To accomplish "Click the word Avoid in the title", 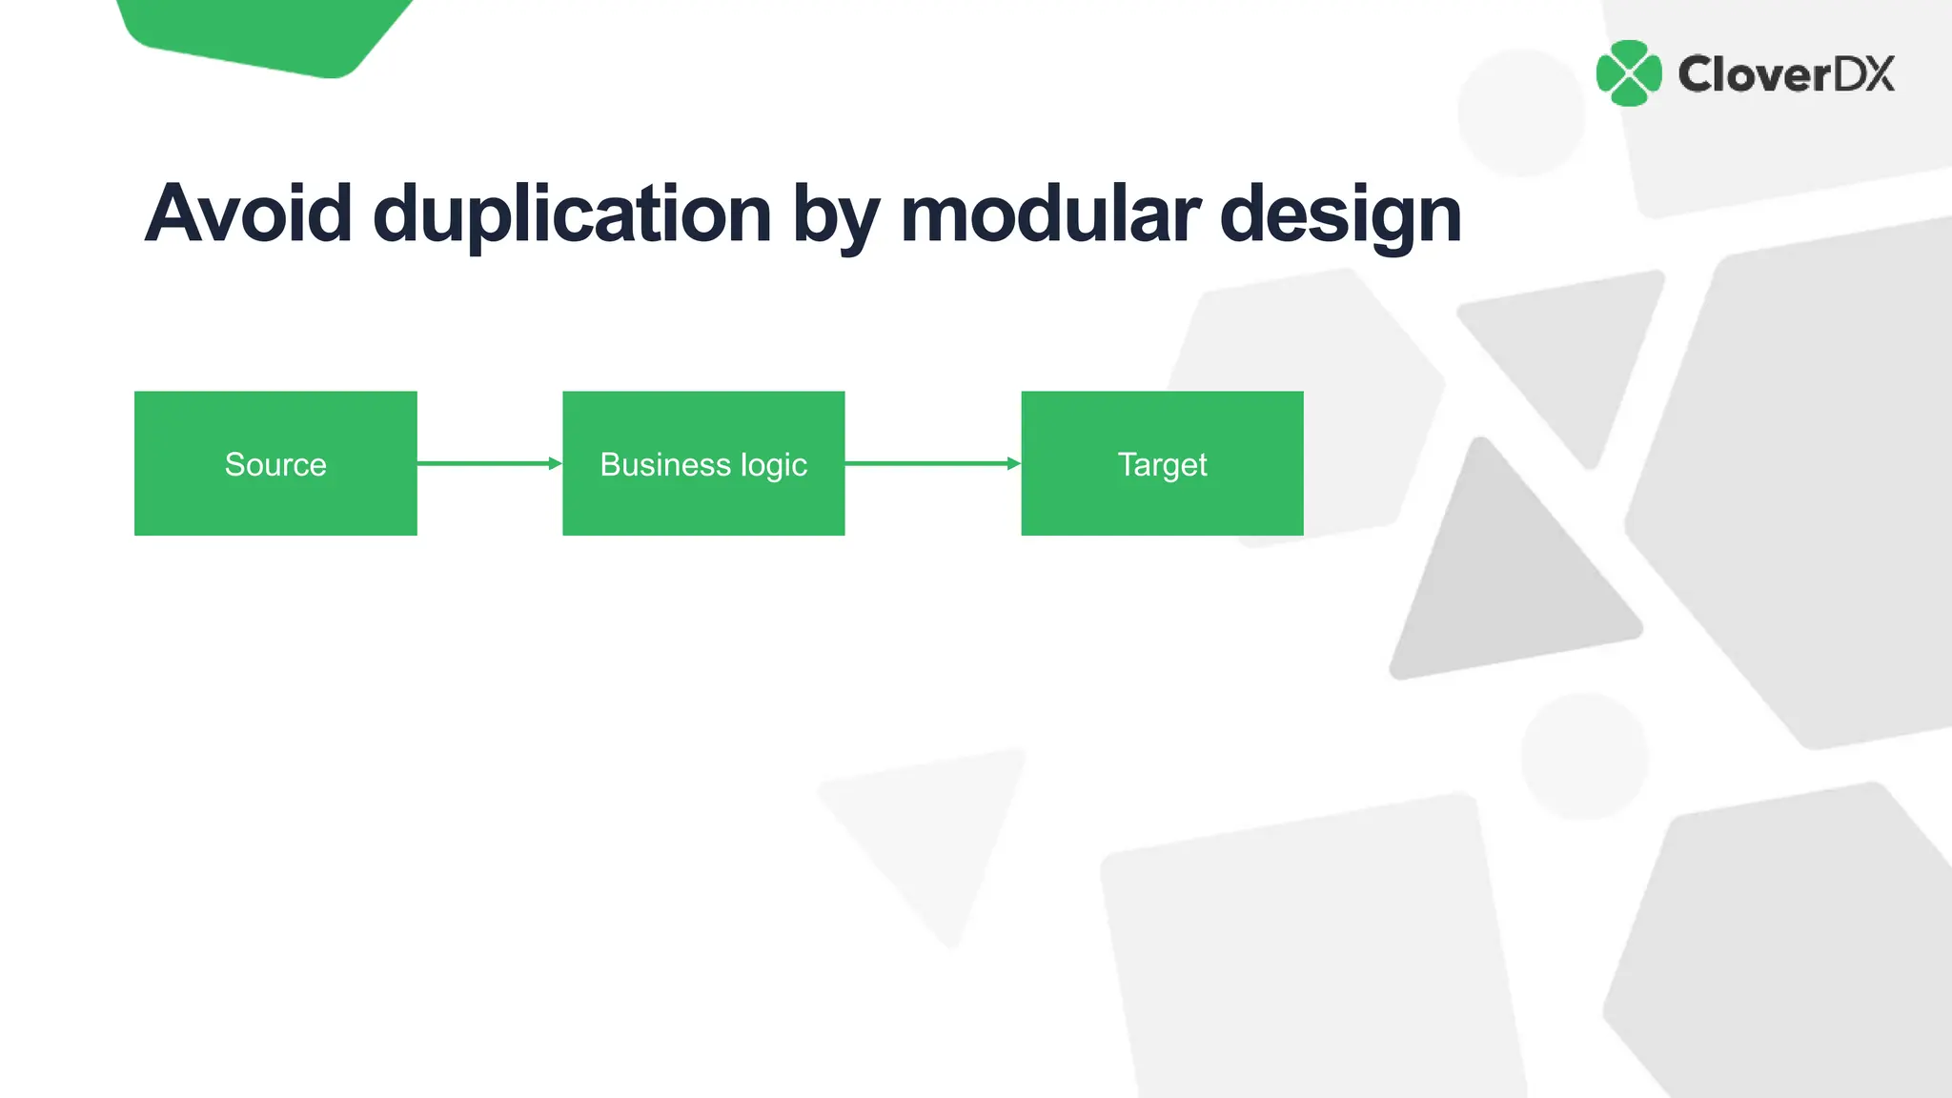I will click(249, 213).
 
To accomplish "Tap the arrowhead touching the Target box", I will click(1014, 463).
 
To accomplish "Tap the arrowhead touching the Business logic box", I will click(555, 463).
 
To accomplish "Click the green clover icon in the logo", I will click(1629, 73).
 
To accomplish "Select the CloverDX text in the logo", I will click(1786, 74).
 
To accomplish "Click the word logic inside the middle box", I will click(773, 465).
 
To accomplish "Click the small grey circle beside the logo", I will click(1521, 112).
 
